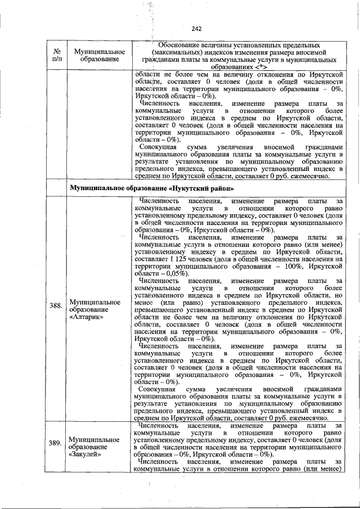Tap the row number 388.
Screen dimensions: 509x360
pos(55,306)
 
